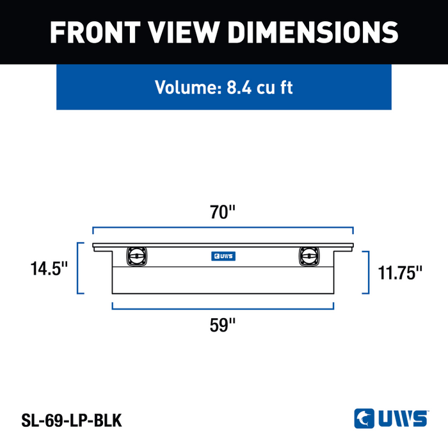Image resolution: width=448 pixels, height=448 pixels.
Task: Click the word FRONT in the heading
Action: click(x=95, y=32)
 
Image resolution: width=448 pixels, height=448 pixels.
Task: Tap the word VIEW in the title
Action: click(x=184, y=32)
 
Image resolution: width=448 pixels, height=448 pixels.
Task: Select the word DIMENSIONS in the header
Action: click(x=313, y=32)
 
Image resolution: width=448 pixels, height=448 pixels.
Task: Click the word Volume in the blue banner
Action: click(x=188, y=87)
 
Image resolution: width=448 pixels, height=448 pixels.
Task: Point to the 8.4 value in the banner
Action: click(x=239, y=88)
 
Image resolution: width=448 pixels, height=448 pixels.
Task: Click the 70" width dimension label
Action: click(x=223, y=212)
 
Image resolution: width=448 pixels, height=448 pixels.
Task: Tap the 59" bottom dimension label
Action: click(x=223, y=325)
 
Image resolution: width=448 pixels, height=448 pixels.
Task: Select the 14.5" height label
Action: click(x=49, y=269)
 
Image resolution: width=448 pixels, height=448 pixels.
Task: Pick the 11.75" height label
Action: click(x=400, y=273)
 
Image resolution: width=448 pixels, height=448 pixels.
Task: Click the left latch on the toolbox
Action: click(x=137, y=256)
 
